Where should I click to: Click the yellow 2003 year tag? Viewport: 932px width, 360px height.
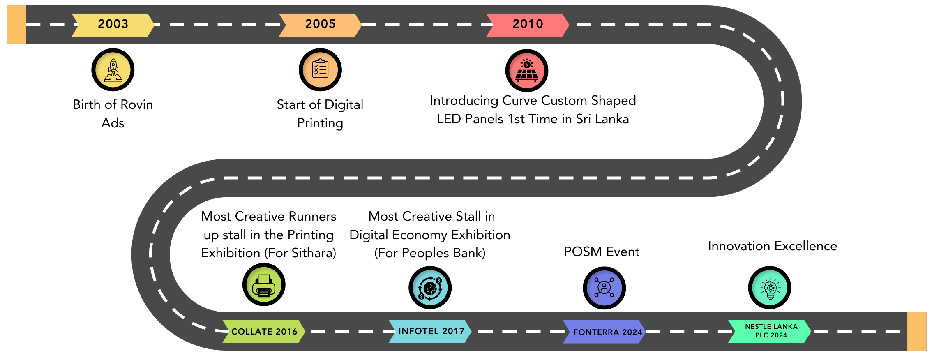[113, 25]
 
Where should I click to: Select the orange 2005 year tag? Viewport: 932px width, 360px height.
[320, 25]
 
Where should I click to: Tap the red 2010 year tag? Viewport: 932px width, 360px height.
[528, 25]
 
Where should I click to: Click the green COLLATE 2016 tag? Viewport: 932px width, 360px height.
[264, 331]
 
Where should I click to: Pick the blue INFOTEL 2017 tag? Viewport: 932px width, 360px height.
[430, 331]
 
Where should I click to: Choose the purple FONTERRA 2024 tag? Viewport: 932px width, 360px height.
[604, 332]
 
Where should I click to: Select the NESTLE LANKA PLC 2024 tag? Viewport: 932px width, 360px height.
[770, 331]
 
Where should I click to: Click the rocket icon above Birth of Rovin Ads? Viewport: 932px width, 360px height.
[113, 70]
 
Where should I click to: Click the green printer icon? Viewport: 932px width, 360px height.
[264, 285]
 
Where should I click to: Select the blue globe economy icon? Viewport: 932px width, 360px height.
[430, 288]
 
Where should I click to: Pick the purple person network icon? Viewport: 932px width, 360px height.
[604, 288]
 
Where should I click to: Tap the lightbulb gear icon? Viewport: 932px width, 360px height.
[770, 288]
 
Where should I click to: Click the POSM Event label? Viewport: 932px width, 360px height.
[602, 252]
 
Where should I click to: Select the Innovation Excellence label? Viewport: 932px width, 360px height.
[773, 246]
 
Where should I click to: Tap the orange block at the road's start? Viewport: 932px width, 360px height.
[16, 25]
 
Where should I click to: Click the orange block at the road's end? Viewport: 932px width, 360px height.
[917, 331]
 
